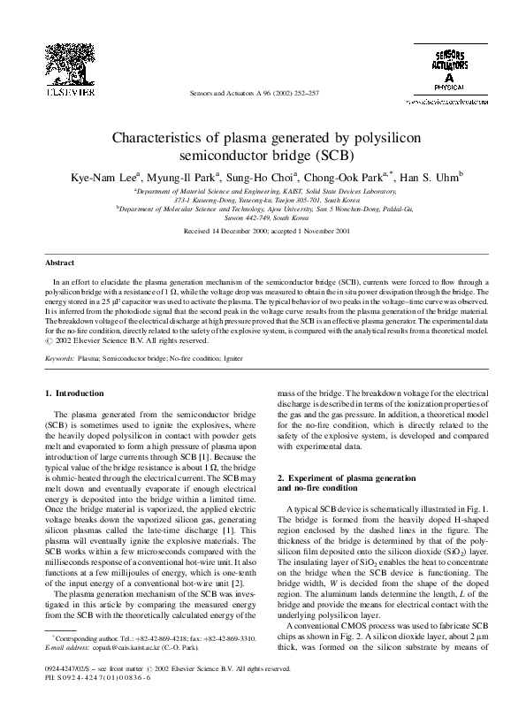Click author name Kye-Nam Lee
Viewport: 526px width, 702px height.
point(101,177)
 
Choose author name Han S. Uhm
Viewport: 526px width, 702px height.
point(428,177)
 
